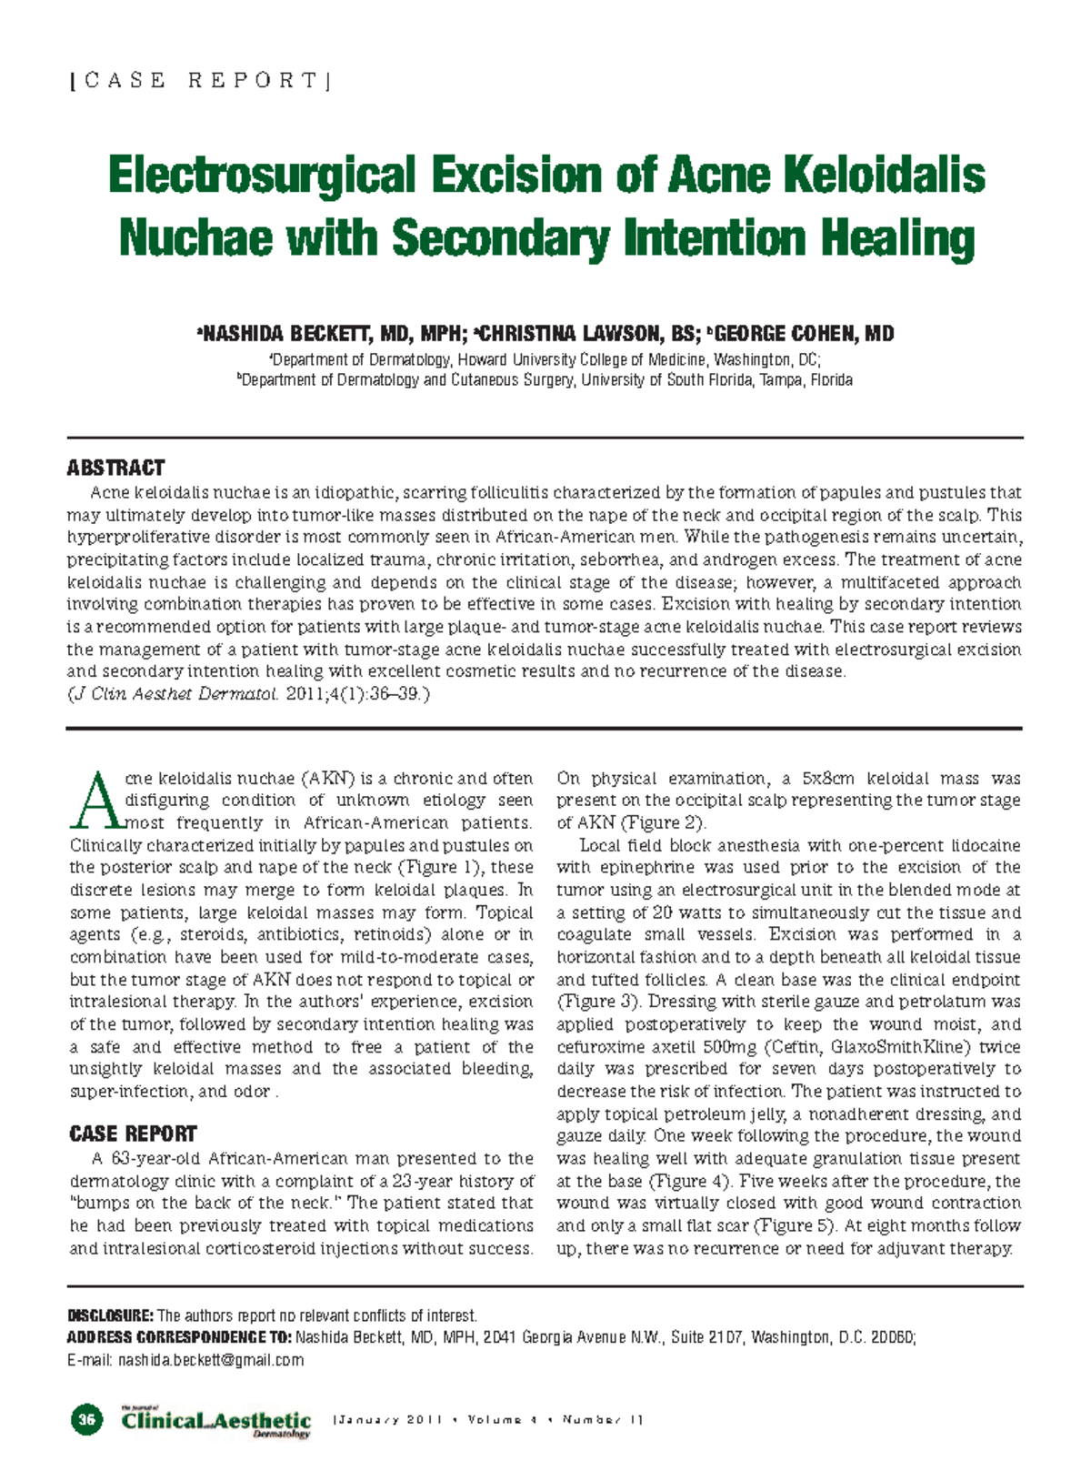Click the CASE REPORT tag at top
tap(200, 81)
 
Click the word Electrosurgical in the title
tap(263, 176)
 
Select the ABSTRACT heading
tap(115, 468)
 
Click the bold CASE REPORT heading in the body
tap(133, 1134)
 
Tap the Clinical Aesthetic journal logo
tap(216, 1421)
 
